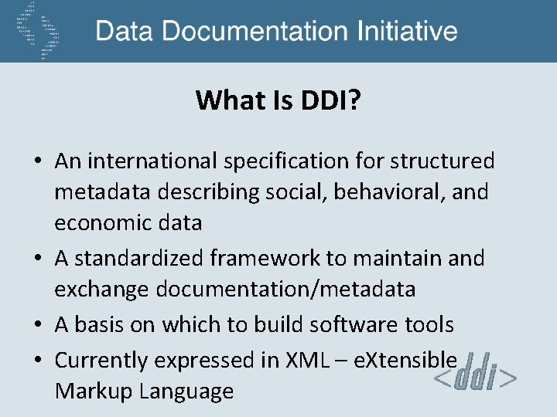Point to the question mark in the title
pos(354,100)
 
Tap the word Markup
pos(94,391)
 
